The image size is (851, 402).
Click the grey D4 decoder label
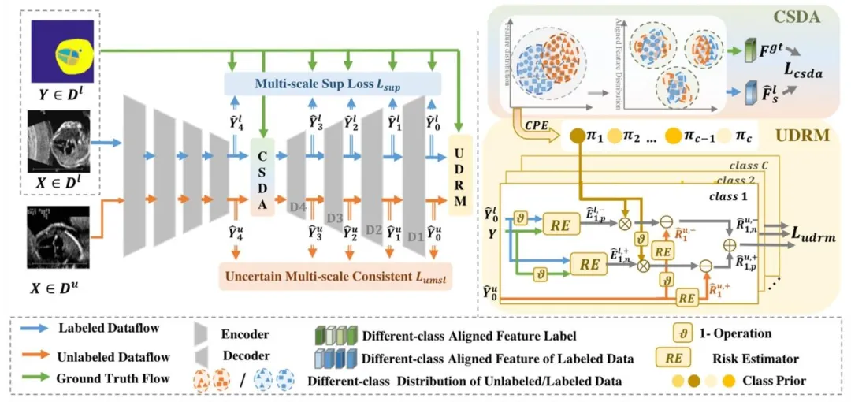tap(297, 207)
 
